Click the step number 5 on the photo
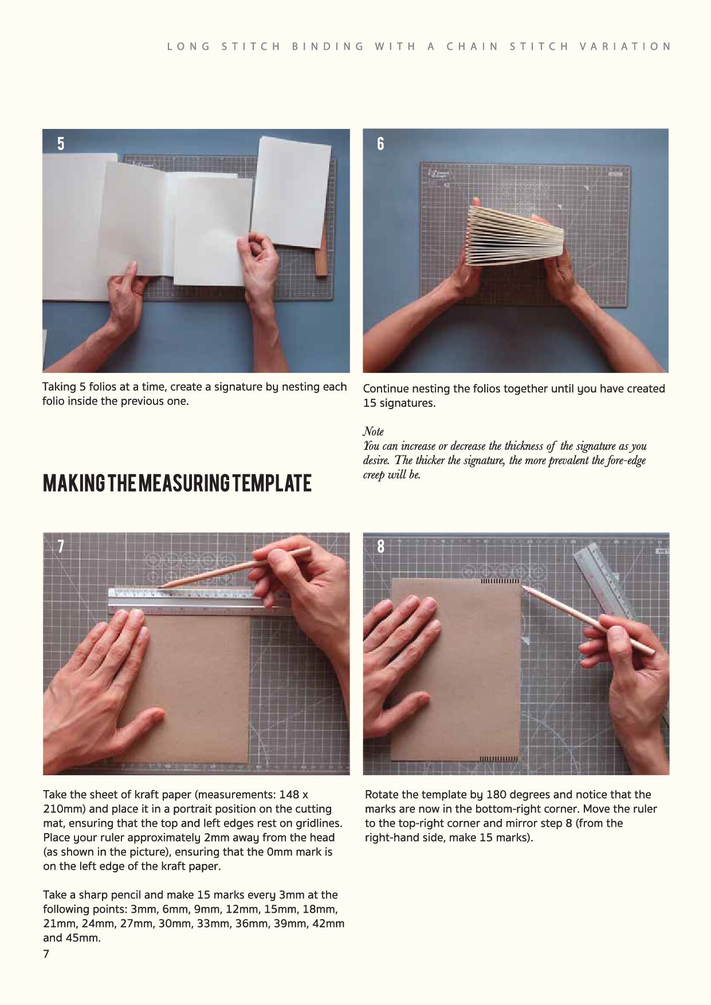[x=61, y=143]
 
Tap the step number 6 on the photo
[x=380, y=143]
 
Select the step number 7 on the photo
[x=61, y=545]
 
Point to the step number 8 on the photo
[x=381, y=546]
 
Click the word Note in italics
[x=373, y=431]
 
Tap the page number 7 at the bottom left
[x=46, y=953]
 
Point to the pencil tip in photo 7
[x=160, y=586]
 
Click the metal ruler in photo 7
[x=195, y=600]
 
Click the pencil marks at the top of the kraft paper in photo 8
[x=500, y=582]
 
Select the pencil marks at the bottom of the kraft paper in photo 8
[x=498, y=759]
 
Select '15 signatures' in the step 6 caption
[x=399, y=403]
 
